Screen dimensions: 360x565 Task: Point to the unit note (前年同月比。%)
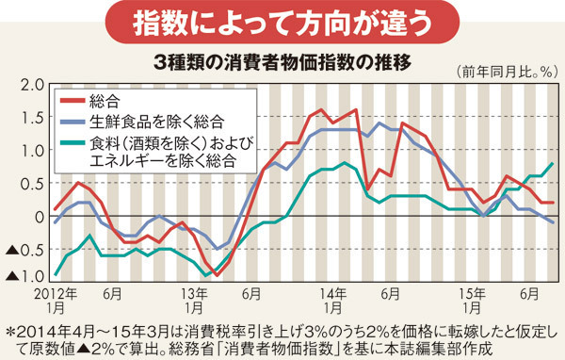[x=503, y=72]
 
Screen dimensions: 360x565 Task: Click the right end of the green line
[x=553, y=163]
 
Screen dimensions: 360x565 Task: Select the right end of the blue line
[x=553, y=222]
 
